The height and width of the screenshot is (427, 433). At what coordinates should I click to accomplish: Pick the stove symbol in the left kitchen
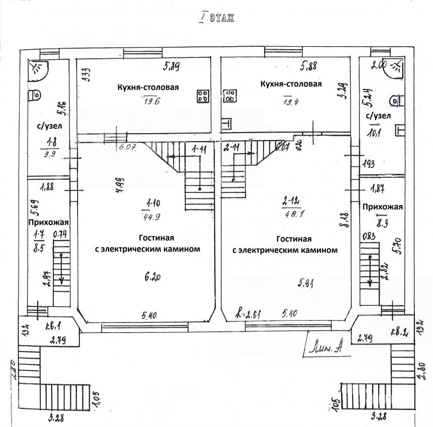click(x=203, y=96)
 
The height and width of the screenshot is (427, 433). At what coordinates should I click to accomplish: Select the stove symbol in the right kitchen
click(x=229, y=96)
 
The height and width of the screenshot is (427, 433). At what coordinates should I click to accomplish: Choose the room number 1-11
click(x=200, y=149)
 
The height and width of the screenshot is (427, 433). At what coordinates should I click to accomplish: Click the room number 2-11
click(x=232, y=148)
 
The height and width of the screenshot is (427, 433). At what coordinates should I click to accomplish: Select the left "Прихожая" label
click(x=48, y=223)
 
